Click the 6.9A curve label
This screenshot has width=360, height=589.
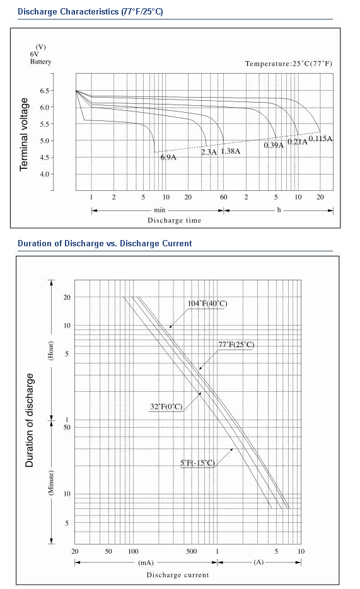[x=168, y=157]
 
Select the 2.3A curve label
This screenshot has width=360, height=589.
[x=209, y=152]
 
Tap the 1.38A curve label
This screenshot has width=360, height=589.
[x=230, y=151]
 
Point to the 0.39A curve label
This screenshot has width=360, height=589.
[x=274, y=145]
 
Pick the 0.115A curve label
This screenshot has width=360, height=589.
[x=320, y=139]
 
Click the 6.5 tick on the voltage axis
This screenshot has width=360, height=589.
[x=44, y=91]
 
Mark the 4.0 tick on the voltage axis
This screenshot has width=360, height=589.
[x=44, y=174]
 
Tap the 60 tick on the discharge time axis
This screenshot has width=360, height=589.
[x=224, y=197]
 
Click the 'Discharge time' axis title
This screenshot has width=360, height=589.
[x=175, y=220]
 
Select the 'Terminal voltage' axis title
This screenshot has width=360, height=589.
[x=24, y=134]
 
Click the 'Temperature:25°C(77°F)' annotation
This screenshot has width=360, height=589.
[x=289, y=64]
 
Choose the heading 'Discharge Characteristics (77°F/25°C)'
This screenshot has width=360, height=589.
[x=90, y=11]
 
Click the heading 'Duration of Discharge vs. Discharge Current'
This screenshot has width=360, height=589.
[x=105, y=243]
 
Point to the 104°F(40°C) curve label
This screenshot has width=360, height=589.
[x=207, y=304]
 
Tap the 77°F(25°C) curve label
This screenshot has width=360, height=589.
[x=236, y=345]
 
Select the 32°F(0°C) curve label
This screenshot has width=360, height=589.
[x=166, y=406]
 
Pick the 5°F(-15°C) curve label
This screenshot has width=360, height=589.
[x=198, y=462]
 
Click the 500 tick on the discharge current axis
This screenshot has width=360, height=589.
[x=191, y=551]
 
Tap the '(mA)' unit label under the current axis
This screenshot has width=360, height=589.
[x=146, y=563]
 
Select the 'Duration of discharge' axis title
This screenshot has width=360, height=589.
[x=29, y=420]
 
